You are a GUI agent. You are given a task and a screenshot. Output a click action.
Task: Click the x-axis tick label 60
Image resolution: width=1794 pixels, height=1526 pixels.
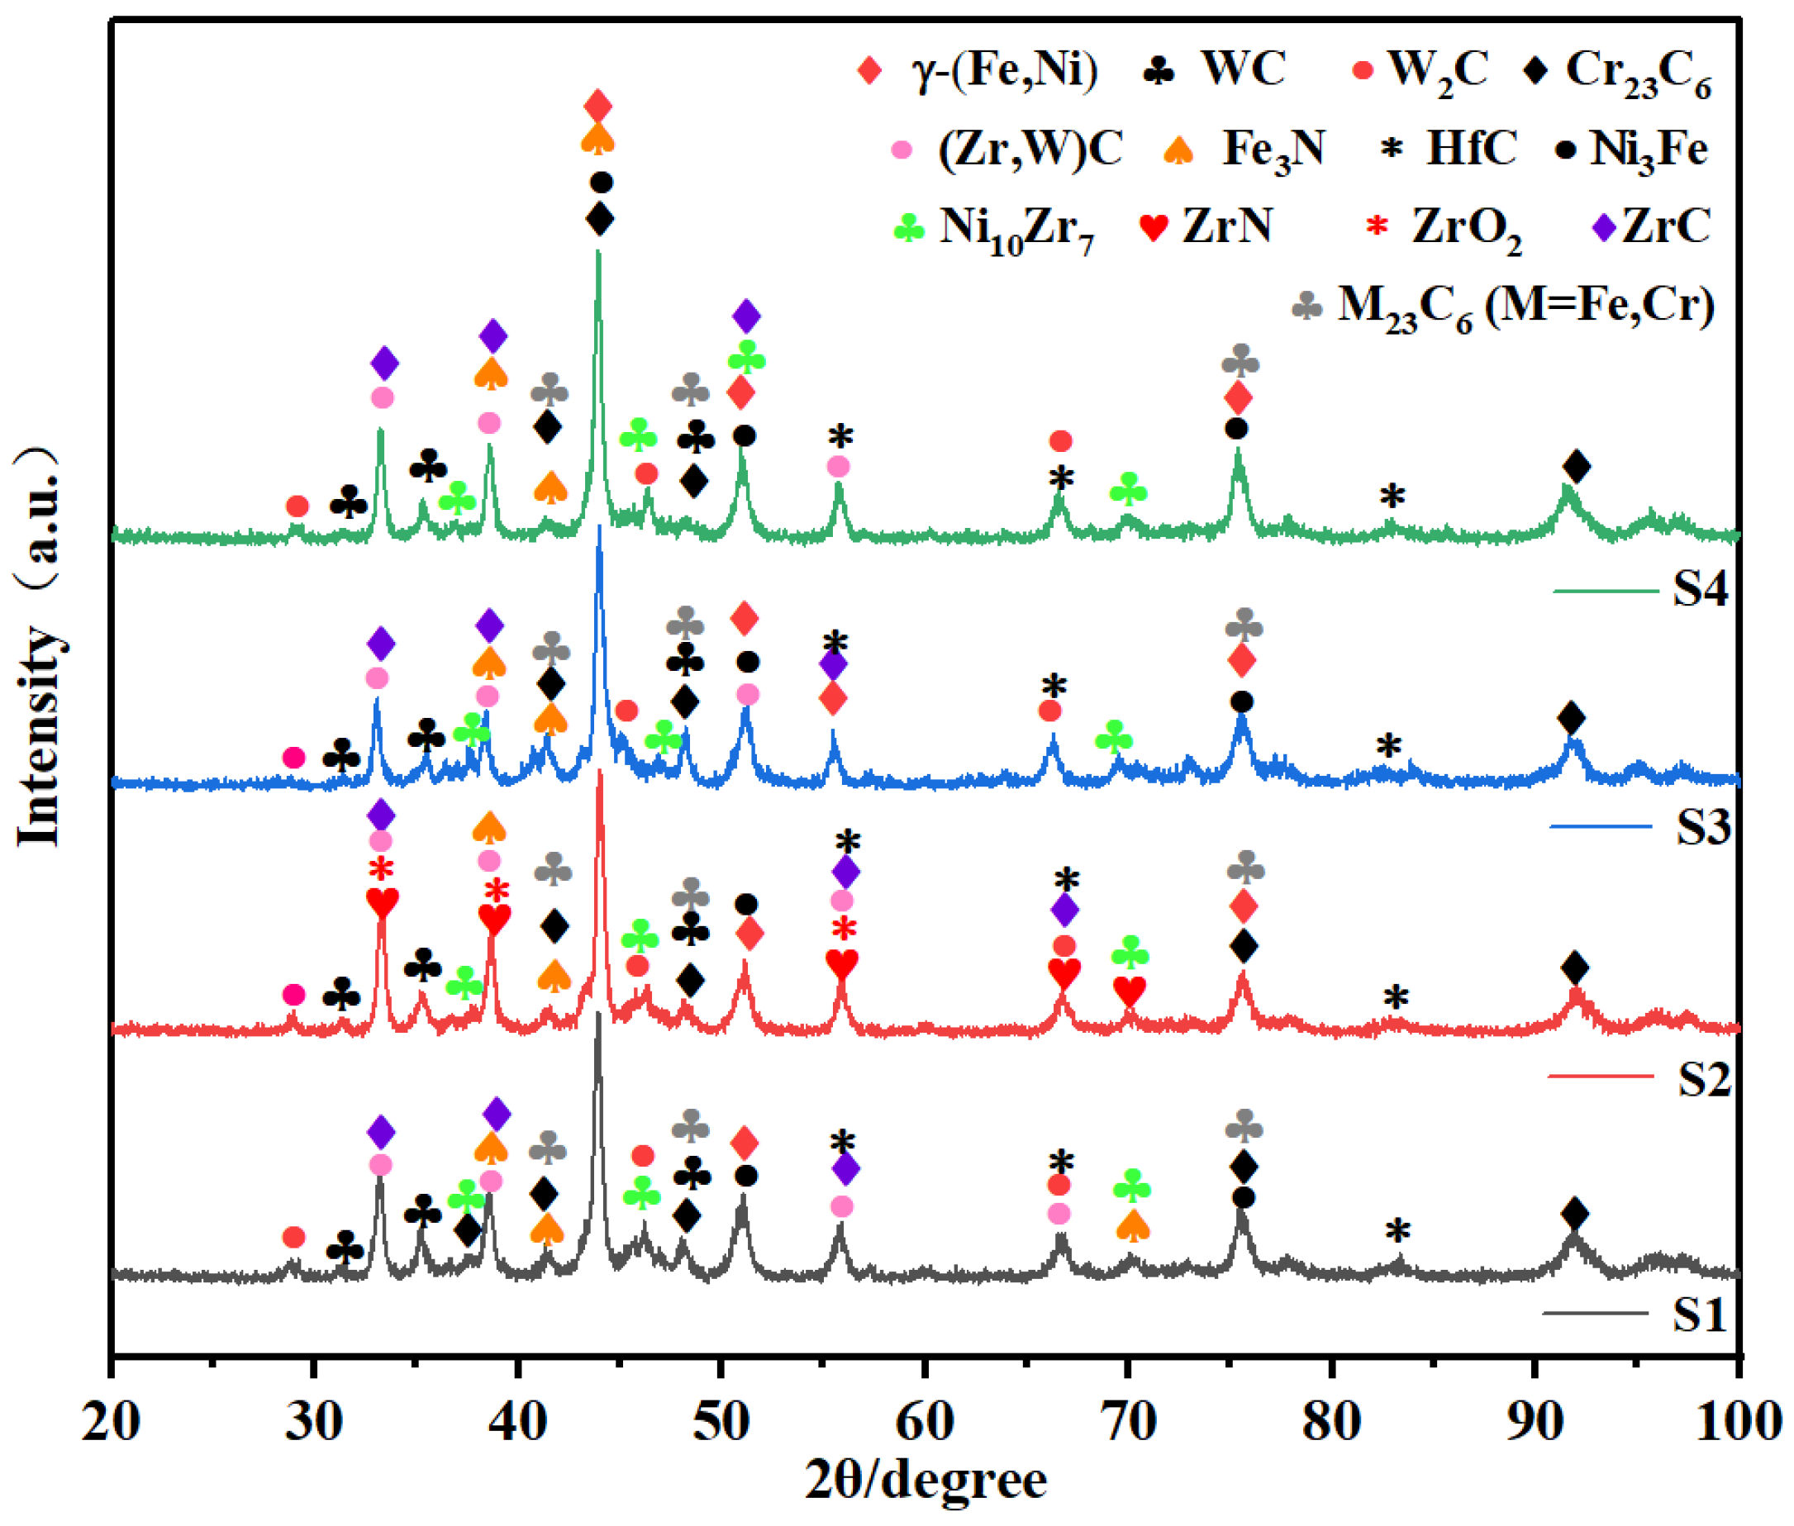pos(925,1422)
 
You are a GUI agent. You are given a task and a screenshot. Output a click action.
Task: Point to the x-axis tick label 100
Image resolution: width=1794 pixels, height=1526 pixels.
pos(1739,1422)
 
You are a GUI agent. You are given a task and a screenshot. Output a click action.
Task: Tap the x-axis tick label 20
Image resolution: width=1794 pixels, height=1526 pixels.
pos(112,1422)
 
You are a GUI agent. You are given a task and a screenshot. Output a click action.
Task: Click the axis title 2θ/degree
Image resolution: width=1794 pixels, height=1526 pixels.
pos(926,1481)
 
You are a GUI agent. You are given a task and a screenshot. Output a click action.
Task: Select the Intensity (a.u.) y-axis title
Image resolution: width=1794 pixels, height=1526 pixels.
pos(39,644)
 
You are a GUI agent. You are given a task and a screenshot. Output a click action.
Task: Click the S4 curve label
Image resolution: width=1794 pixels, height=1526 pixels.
pos(1700,588)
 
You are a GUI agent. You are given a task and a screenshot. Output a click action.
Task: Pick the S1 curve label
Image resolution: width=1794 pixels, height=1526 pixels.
pos(1699,1315)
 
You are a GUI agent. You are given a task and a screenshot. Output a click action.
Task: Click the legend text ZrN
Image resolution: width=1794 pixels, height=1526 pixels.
pos(1227,226)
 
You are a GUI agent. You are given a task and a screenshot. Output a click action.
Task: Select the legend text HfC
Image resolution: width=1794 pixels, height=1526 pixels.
pos(1471,148)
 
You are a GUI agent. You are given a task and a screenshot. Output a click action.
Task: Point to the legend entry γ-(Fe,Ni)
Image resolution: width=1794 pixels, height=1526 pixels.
pos(1003,69)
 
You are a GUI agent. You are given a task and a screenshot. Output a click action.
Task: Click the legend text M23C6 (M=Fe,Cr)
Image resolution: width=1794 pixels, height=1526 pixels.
pos(1525,307)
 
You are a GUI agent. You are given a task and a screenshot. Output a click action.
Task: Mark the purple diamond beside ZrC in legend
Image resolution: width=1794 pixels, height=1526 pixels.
pos(1605,227)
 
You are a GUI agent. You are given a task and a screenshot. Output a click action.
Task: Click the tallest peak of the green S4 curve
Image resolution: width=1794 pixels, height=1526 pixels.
pos(597,254)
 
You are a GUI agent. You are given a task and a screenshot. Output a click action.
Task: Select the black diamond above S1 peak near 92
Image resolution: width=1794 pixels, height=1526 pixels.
pos(1576,1214)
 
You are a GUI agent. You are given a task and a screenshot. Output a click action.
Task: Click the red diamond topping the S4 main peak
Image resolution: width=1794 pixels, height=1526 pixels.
pos(597,107)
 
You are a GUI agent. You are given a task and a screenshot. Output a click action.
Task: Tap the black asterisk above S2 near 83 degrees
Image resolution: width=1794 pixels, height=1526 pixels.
pos(1395,996)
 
